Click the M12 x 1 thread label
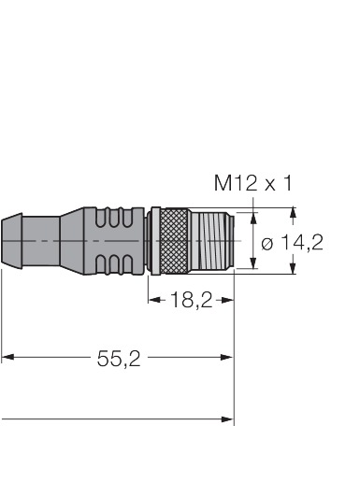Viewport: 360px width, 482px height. coord(253,183)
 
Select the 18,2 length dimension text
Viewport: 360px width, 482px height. coord(192,300)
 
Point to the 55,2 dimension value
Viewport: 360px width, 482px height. coord(119,359)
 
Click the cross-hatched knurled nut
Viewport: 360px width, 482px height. coord(176,241)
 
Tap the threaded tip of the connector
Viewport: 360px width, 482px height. coord(212,241)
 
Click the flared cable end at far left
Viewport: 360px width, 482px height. coord(12,241)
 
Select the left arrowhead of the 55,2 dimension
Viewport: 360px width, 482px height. coord(7,357)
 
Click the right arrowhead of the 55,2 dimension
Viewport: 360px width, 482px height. coord(227,357)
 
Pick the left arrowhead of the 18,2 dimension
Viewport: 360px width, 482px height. coord(154,300)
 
